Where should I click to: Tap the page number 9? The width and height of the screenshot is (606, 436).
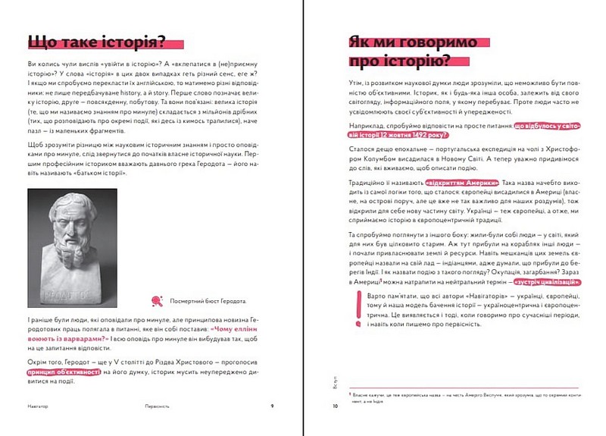pyautogui.click(x=272, y=406)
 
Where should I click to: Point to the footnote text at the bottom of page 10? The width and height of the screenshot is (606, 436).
pyautogui.click(x=462, y=397)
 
